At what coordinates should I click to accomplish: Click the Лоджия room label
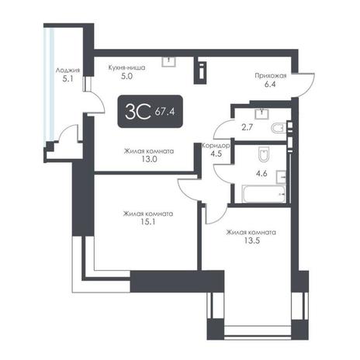pos(67,70)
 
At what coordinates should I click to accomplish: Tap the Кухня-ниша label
pos(126,67)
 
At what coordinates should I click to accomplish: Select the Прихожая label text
pos(271,76)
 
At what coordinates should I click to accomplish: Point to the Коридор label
pos(216,146)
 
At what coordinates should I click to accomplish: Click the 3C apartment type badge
pos(151,112)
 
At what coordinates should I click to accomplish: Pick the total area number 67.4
pos(165,112)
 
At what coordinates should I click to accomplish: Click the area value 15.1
pos(148,222)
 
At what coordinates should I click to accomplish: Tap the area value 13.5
pos(252,241)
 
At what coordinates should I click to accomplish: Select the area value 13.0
pos(149,159)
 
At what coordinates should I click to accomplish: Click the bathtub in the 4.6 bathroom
pos(264,194)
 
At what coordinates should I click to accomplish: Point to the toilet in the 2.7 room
pos(278,128)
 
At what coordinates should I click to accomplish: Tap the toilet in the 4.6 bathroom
pos(264,154)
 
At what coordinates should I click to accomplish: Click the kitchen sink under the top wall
pos(168,61)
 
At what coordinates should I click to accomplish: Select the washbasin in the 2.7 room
pos(261,113)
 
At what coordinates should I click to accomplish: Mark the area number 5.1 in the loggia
pos(67,78)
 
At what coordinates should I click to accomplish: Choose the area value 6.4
pos(270,85)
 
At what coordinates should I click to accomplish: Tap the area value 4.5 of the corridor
pos(216,154)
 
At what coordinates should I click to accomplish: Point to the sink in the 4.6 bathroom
pos(281,177)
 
